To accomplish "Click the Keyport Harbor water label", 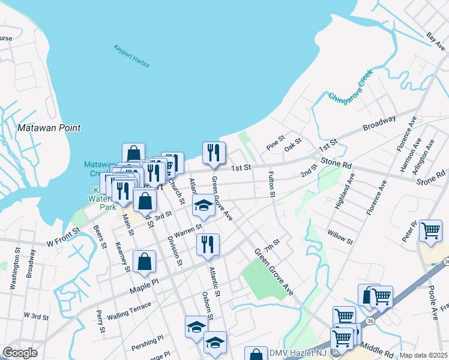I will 132,56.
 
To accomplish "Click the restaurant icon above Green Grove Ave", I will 214,154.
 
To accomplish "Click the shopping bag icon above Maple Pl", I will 144,262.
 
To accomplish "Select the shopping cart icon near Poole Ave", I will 430,231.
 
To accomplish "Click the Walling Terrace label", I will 129,311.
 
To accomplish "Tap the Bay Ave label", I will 435,38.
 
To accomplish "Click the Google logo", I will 20,352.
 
